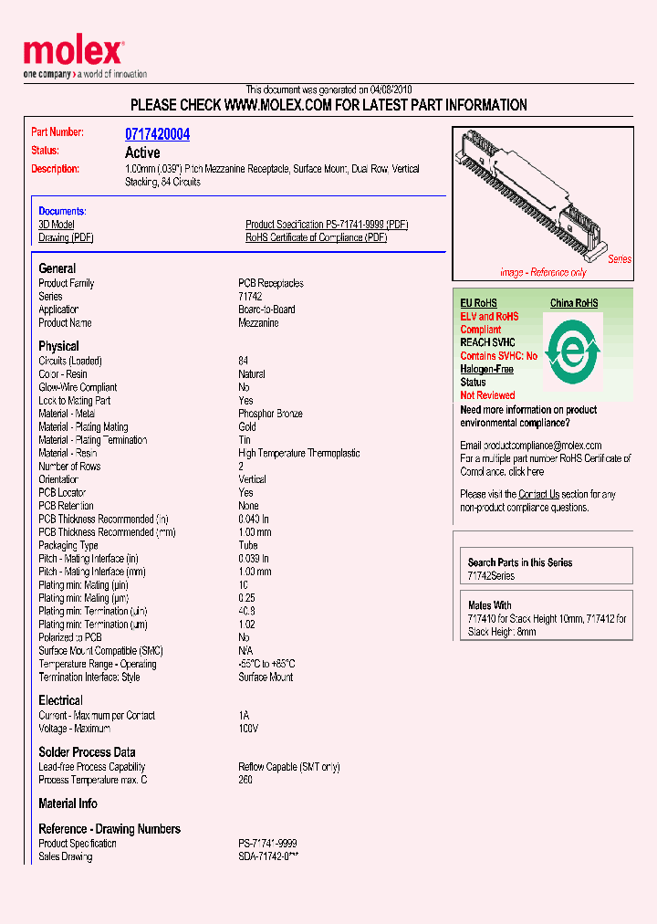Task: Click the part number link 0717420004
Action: pyautogui.click(x=157, y=134)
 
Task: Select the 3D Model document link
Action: pyautogui.click(x=57, y=225)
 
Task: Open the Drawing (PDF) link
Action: pyautogui.click(x=66, y=237)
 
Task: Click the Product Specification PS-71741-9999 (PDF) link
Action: pyautogui.click(x=326, y=225)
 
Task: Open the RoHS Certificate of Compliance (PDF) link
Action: pyautogui.click(x=316, y=237)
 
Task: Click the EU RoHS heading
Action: pyautogui.click(x=478, y=303)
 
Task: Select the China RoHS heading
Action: pyautogui.click(x=573, y=303)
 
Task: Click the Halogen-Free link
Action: pyautogui.click(x=486, y=369)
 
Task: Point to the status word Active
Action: pyautogui.click(x=142, y=152)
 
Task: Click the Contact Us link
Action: pyautogui.click(x=538, y=494)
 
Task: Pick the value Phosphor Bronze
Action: pyautogui.click(x=270, y=414)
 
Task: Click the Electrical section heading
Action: pyautogui.click(x=60, y=700)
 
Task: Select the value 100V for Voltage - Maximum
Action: pyautogui.click(x=248, y=729)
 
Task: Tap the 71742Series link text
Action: pyautogui.click(x=491, y=576)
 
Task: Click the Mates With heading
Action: pyautogui.click(x=489, y=605)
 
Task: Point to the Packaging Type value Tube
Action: pyautogui.click(x=248, y=545)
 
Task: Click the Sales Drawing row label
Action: pyautogui.click(x=65, y=856)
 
